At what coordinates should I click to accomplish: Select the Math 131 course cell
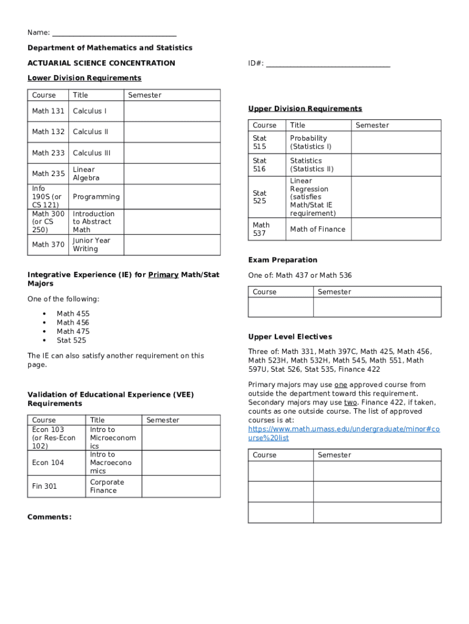pos(48,111)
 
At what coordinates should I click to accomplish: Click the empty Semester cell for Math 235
pos(172,174)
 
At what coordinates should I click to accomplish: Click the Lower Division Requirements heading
pos(84,78)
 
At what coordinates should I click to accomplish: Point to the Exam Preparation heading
pos(282,260)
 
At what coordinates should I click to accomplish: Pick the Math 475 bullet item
pos(73,331)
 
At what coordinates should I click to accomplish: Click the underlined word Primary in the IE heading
pos(163,275)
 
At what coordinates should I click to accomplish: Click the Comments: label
pos(49,517)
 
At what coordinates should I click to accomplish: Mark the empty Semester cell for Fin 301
pos(181,486)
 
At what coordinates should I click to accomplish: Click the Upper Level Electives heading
pos(290,337)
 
